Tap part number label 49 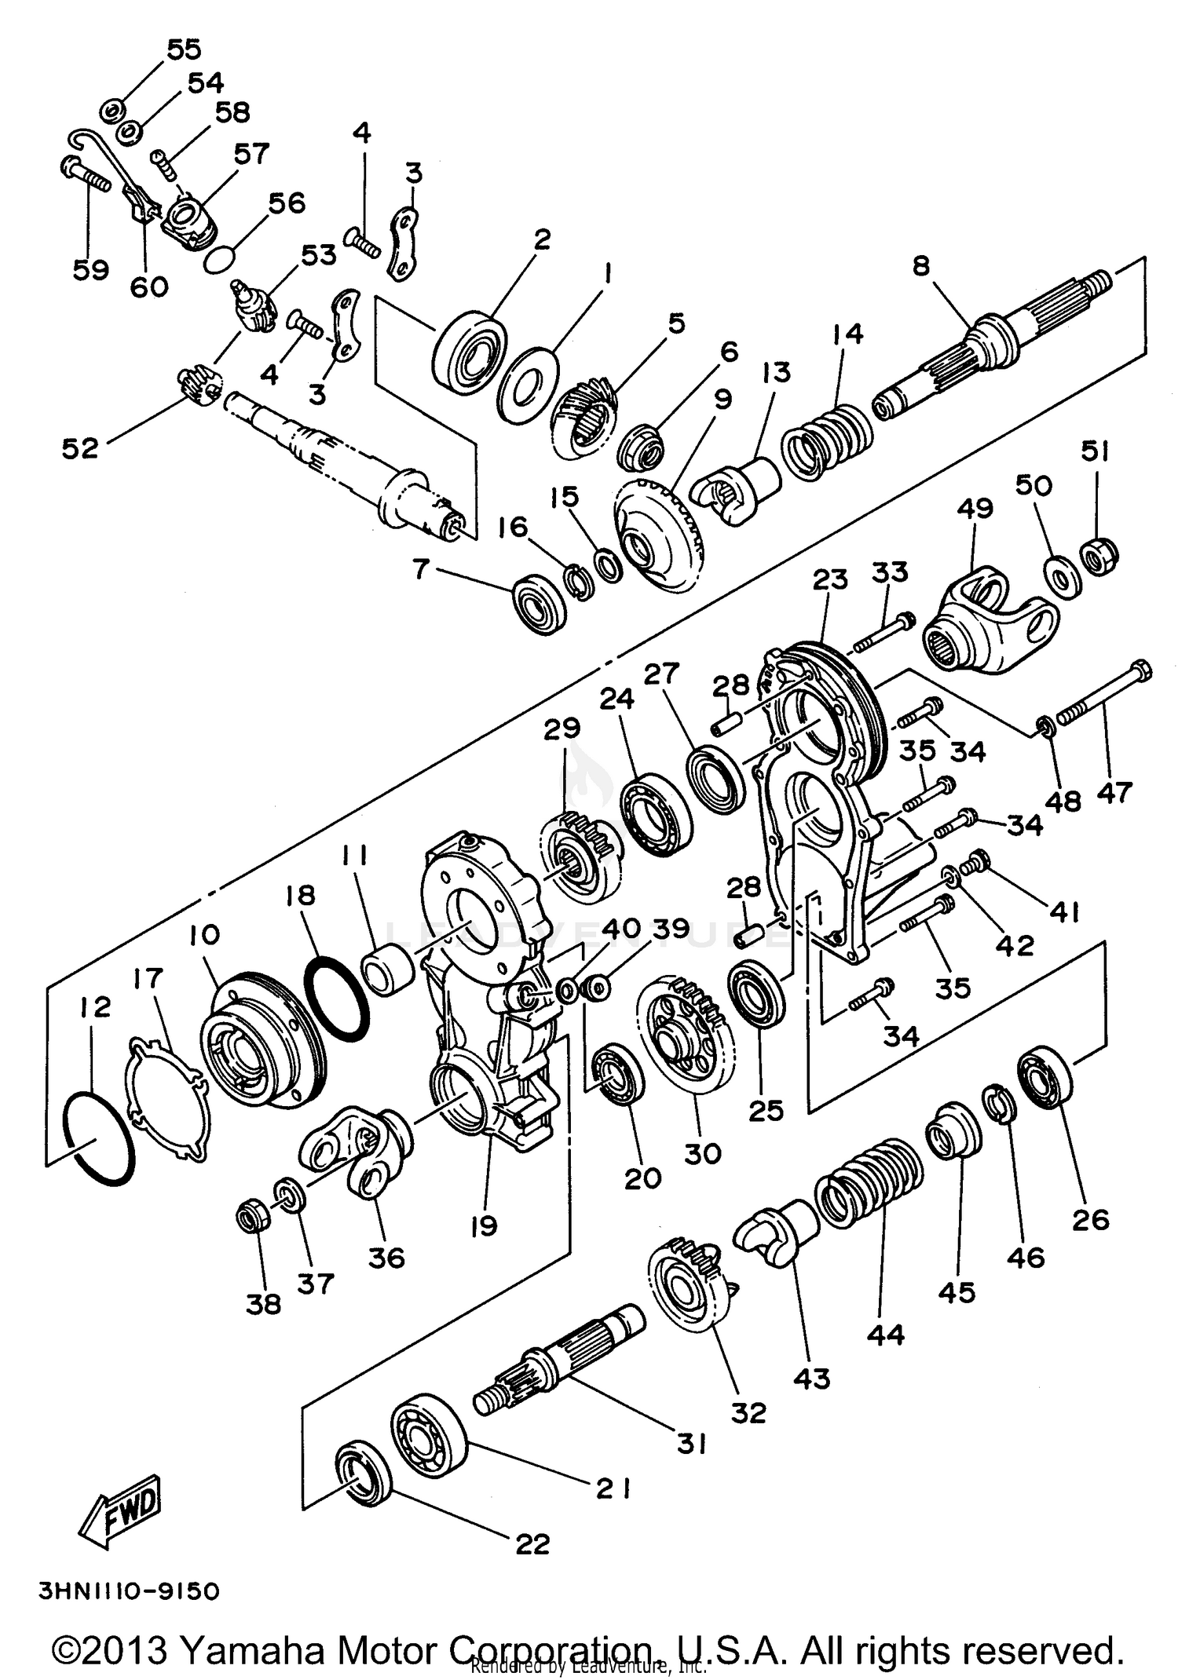975,509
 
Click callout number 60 149,287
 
